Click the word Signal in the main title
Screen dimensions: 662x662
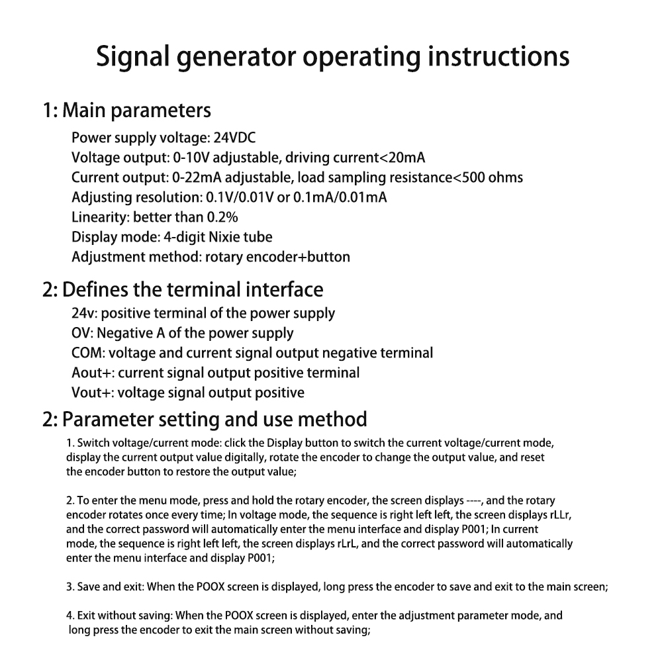(x=132, y=57)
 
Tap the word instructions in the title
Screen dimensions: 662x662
(x=498, y=56)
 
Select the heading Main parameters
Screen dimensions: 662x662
(x=136, y=111)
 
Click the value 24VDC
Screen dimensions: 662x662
(x=234, y=138)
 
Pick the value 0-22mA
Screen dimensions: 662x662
(x=197, y=177)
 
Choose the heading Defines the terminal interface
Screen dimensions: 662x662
(x=193, y=290)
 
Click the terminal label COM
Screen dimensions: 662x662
(x=87, y=353)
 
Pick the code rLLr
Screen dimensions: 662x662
(x=561, y=514)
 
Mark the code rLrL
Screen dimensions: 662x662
(x=348, y=544)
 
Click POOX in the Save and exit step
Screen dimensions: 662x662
(x=211, y=587)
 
